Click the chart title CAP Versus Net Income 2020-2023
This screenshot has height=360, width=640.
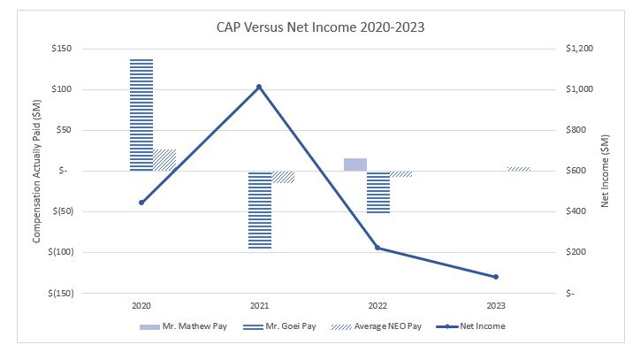320,26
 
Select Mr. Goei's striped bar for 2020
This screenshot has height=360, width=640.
141,115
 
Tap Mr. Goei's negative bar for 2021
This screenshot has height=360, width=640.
260,210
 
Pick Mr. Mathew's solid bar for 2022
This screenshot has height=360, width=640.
355,165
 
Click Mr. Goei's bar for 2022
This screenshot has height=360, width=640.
378,192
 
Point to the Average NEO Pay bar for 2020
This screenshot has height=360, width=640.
164,160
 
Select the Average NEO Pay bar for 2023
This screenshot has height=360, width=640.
519,168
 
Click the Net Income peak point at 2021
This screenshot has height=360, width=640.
259,87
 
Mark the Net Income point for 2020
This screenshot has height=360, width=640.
141,203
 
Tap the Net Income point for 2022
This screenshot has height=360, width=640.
377,248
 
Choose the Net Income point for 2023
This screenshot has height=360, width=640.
496,277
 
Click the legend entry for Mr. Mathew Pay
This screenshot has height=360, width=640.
184,326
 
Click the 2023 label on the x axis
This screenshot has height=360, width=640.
496,305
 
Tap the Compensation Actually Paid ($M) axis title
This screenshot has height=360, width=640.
37,170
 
